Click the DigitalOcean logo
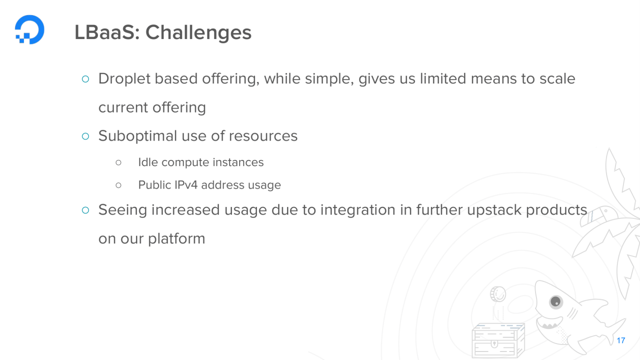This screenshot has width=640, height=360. (x=29, y=29)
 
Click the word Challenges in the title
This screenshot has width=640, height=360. (x=198, y=33)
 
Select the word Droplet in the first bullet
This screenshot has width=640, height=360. (x=123, y=79)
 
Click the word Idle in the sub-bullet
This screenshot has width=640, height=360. (x=147, y=162)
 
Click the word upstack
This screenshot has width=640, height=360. (x=493, y=210)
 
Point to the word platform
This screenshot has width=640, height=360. (x=176, y=239)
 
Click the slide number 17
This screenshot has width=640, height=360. (x=620, y=340)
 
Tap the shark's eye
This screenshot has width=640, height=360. (x=555, y=301)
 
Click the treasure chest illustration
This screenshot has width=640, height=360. (x=498, y=340)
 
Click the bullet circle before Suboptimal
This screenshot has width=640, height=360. (x=85, y=136)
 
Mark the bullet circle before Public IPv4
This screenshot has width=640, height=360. (x=118, y=185)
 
